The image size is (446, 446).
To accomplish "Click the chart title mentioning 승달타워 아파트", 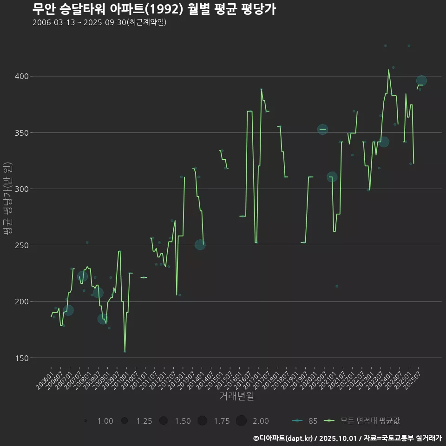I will point(154,9).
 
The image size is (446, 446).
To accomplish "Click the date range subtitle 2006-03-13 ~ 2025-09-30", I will point(99,23).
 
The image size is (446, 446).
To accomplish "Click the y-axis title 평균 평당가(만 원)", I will point(7,199).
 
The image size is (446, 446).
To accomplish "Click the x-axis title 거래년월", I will point(236,396).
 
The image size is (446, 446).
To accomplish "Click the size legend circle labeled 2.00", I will point(241,421).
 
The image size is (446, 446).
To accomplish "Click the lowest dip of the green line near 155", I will point(125,352).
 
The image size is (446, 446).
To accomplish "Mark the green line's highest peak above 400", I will point(388,70).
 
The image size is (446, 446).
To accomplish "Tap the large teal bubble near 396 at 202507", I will point(421,81).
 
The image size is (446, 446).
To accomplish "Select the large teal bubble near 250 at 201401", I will point(200,244).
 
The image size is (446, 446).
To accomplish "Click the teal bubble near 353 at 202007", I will point(322,129).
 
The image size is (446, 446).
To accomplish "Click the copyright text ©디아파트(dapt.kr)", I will point(283,438).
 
